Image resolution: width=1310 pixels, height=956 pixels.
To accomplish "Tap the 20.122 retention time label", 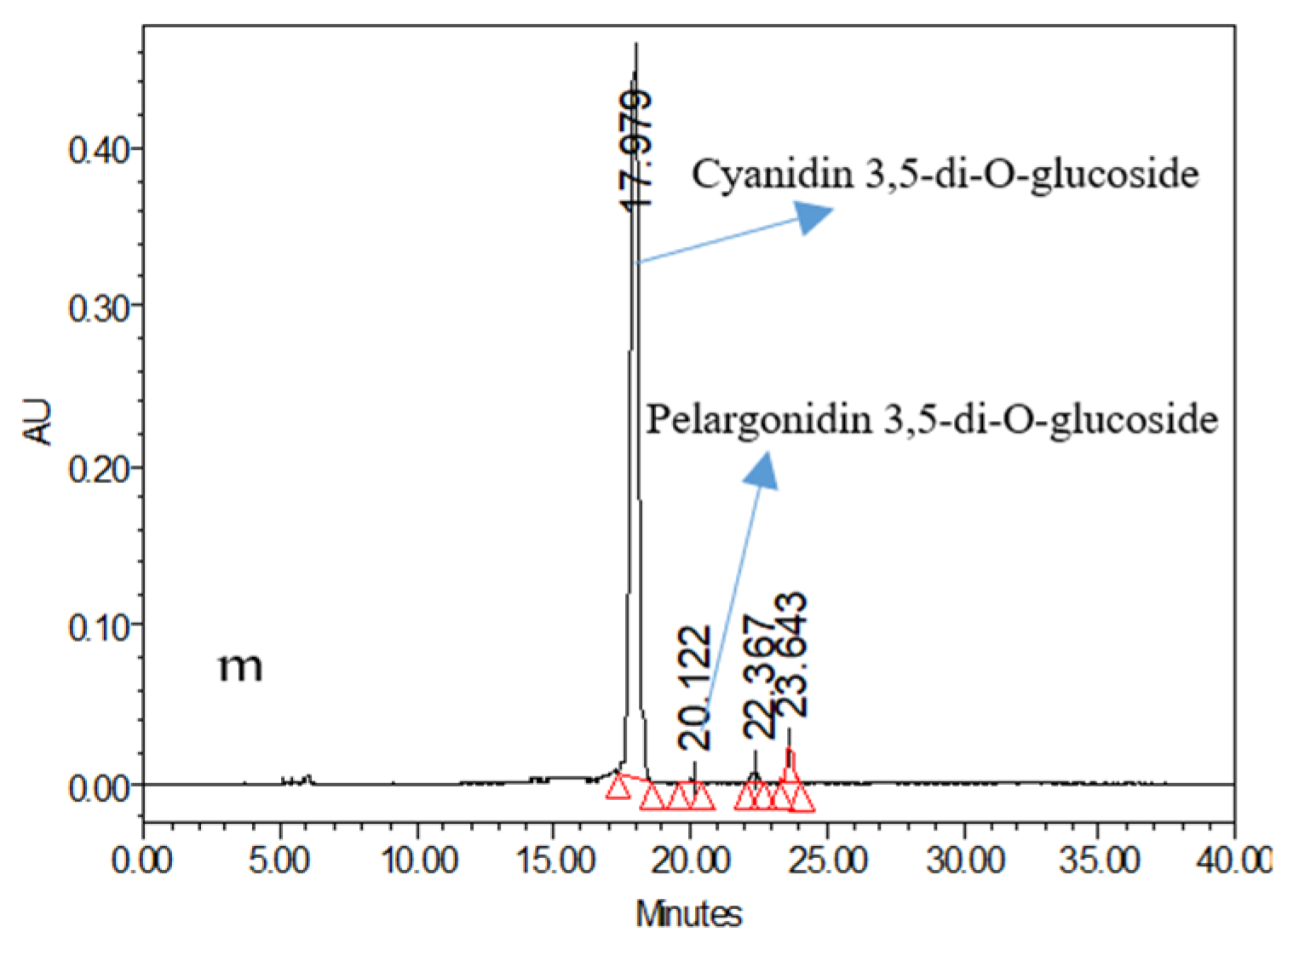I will [x=694, y=687].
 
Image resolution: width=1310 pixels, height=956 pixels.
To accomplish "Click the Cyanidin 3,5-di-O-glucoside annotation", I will [x=945, y=175].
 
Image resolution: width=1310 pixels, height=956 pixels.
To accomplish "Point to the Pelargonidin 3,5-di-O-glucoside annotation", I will [x=932, y=419].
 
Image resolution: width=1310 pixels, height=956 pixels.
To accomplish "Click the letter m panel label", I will [x=240, y=666].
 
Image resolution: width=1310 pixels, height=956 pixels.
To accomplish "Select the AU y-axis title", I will [x=38, y=421].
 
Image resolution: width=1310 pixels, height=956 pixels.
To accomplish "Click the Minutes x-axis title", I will [x=688, y=914].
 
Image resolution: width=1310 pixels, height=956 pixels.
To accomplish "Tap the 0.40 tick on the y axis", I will [x=99, y=150].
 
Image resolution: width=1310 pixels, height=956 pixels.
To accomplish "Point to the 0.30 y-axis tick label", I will [x=99, y=308].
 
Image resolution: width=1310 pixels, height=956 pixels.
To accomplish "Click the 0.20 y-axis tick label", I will [x=99, y=468].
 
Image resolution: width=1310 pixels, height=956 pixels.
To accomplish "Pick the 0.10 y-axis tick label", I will [x=99, y=627].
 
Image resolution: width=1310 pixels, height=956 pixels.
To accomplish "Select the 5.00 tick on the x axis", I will [x=280, y=861].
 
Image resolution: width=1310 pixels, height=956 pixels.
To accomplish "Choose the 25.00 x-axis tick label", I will [x=827, y=861].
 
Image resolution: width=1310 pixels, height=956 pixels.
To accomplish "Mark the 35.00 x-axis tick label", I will [x=1100, y=861].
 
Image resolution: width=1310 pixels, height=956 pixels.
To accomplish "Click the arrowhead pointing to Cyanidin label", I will [x=813, y=216].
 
